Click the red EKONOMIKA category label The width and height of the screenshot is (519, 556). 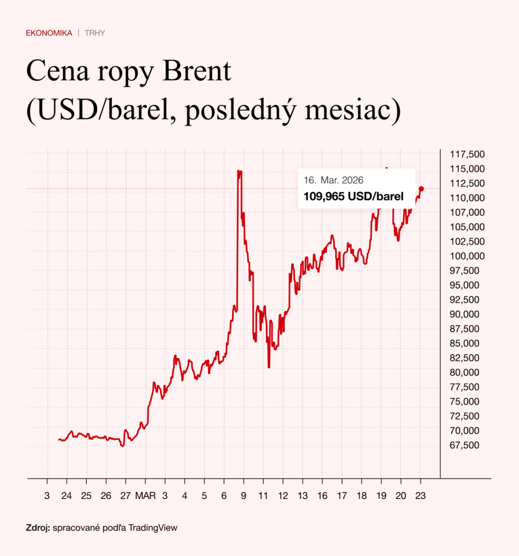(x=49, y=33)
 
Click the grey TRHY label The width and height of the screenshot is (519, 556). (x=95, y=33)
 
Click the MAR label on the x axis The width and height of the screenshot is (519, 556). (x=145, y=496)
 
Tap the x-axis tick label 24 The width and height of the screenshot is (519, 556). (x=67, y=496)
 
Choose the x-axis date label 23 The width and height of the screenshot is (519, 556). (x=420, y=496)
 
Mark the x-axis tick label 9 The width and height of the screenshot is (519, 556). (x=244, y=496)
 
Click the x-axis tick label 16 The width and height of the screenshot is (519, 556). (x=322, y=496)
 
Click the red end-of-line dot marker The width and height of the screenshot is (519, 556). (x=421, y=188)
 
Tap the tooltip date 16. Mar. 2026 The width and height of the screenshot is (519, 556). (x=334, y=180)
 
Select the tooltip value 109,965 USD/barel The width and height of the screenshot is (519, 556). (x=353, y=197)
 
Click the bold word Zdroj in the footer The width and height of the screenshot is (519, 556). (x=37, y=527)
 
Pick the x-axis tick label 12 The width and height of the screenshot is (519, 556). (x=283, y=496)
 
